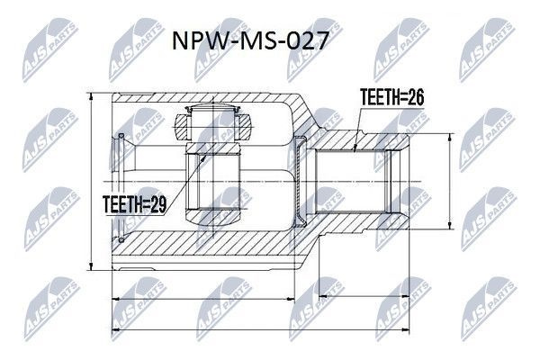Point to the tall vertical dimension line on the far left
point(93,181)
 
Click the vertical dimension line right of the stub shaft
point(449,181)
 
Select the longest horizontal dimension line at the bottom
point(261,325)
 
